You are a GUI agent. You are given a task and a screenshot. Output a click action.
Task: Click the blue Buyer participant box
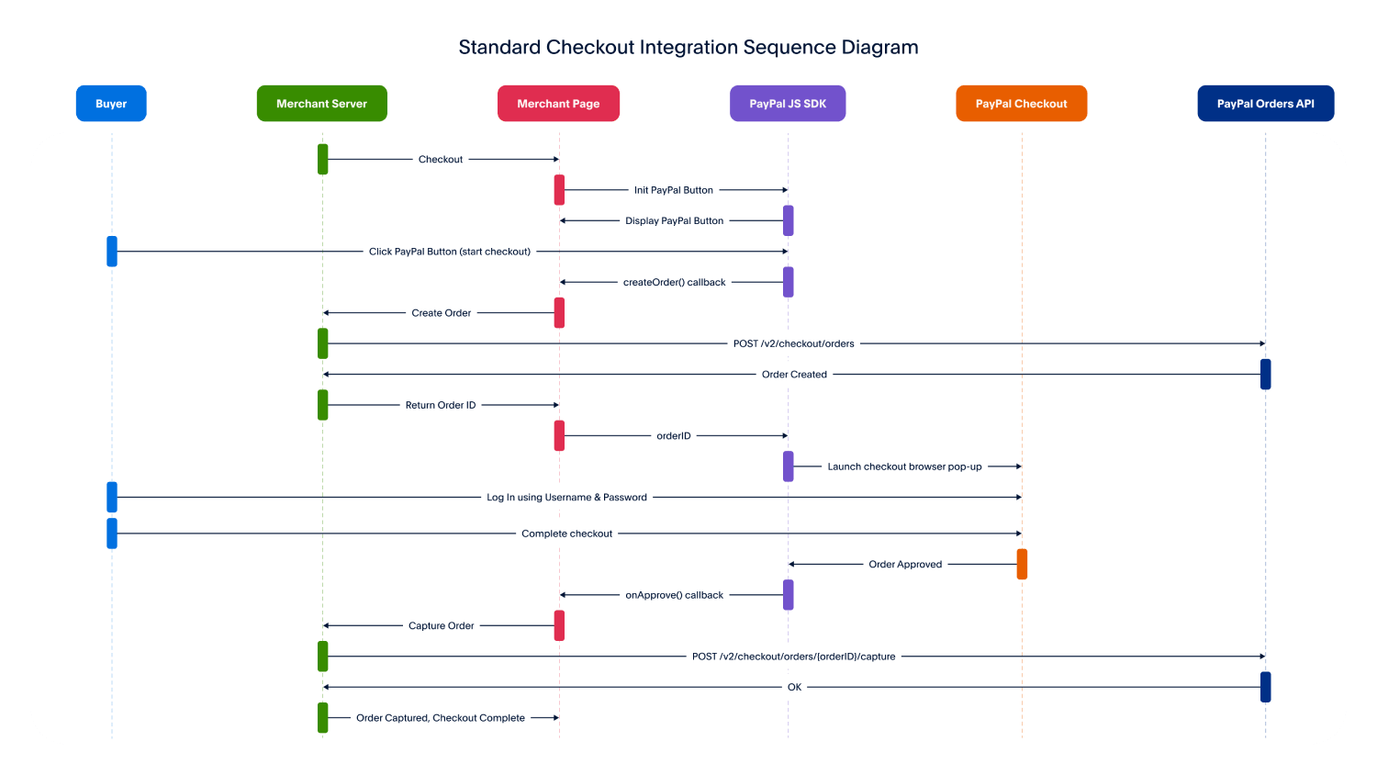tap(111, 104)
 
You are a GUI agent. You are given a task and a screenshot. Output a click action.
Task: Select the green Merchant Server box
tap(322, 104)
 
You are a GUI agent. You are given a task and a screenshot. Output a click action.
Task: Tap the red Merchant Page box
tap(558, 104)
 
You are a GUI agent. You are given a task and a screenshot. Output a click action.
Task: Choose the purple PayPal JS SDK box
tap(788, 104)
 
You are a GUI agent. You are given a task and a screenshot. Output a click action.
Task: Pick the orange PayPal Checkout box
tap(1021, 104)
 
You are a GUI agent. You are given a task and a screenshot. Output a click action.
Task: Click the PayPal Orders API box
tap(1266, 104)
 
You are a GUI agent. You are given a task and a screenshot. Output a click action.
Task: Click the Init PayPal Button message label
tap(674, 190)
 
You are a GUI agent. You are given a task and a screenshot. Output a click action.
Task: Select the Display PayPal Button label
tap(675, 220)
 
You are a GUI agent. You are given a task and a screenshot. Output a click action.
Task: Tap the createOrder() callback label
tap(675, 282)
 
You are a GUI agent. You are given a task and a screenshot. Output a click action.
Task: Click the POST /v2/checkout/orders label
tap(794, 343)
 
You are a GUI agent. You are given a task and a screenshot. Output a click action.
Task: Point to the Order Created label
tap(794, 375)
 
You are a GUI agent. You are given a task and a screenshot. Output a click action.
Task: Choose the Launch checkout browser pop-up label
tap(904, 466)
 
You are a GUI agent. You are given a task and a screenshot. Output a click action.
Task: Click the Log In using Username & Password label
tap(566, 498)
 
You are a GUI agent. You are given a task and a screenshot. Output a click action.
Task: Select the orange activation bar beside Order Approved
tap(1022, 564)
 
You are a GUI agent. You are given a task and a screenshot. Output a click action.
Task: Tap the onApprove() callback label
tap(675, 595)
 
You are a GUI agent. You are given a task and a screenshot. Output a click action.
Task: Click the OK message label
tap(794, 687)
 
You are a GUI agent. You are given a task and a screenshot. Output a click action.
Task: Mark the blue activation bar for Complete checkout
tap(112, 534)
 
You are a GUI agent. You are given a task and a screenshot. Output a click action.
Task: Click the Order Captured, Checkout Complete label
tap(440, 718)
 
